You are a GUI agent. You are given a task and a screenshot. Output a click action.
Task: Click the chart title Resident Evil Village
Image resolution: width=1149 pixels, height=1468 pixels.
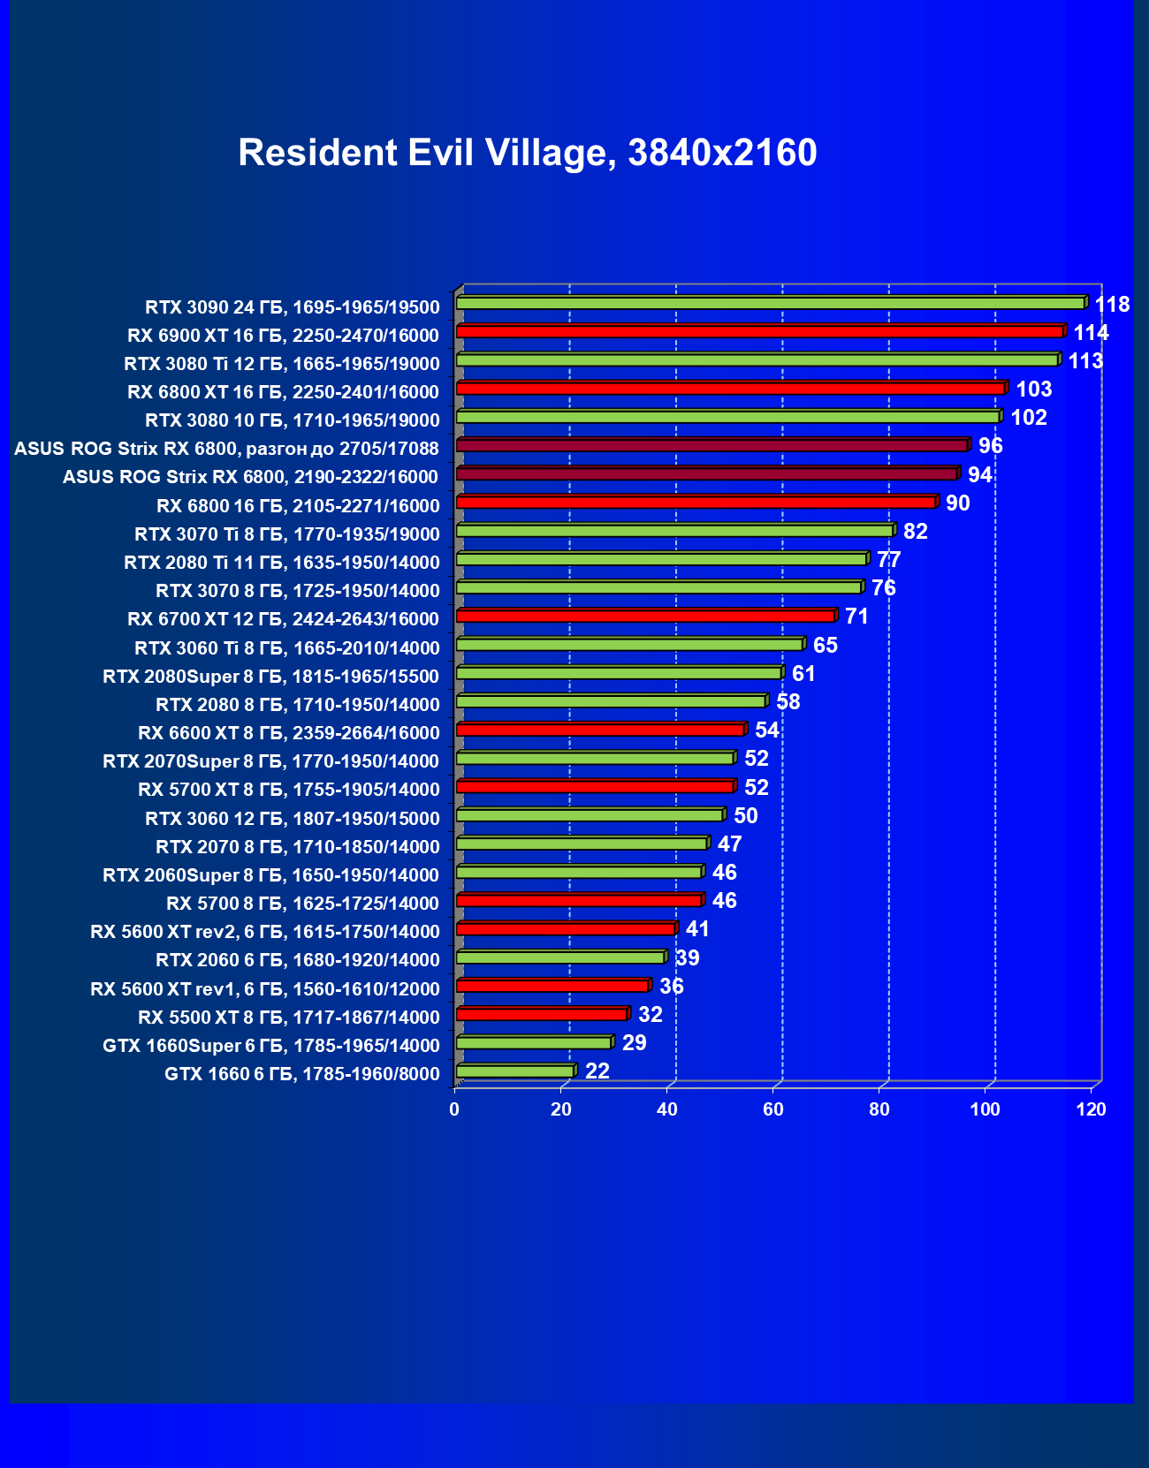(x=527, y=153)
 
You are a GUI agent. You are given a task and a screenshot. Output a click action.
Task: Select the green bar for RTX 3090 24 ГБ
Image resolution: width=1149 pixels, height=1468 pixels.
(x=769, y=303)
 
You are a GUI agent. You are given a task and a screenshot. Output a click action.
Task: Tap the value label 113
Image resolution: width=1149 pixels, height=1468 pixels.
(x=1085, y=361)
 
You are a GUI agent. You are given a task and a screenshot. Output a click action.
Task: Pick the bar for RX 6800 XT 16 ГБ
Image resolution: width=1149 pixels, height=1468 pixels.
(x=729, y=389)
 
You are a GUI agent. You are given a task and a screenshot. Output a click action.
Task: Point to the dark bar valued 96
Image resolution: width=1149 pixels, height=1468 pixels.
(x=711, y=445)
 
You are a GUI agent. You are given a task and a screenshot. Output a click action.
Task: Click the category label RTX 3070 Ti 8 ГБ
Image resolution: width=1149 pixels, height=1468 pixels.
(x=286, y=534)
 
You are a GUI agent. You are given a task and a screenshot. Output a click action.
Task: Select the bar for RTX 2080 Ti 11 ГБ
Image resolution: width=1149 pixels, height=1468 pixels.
(x=661, y=559)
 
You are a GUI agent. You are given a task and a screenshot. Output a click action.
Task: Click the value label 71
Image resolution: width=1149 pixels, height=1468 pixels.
(x=856, y=617)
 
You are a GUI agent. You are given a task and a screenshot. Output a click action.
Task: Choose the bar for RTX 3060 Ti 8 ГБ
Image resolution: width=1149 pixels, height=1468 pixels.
(x=629, y=644)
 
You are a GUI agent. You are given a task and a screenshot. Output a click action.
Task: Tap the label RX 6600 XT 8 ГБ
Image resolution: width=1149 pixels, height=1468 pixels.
(x=288, y=733)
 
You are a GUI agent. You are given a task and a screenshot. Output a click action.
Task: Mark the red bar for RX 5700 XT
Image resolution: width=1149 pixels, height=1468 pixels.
(x=595, y=786)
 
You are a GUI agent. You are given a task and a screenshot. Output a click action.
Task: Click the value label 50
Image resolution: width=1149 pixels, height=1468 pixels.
(x=745, y=816)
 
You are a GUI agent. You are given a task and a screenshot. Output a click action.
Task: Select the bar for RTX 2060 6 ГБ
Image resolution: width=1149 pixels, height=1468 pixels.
(x=560, y=957)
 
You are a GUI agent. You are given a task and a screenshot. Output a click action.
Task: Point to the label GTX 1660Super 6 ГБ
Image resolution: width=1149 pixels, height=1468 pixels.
(x=270, y=1046)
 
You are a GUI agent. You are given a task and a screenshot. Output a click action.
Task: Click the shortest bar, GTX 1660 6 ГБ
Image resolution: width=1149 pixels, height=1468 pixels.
(x=515, y=1071)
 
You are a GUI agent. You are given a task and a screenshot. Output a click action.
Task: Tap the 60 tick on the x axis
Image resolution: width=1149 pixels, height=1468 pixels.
(x=773, y=1109)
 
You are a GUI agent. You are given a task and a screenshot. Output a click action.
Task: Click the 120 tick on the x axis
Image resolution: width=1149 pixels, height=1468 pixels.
(x=1092, y=1109)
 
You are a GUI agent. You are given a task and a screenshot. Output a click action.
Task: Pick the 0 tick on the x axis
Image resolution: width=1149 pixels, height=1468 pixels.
(x=455, y=1109)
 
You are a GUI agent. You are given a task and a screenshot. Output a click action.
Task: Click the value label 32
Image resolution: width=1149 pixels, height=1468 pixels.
(x=650, y=1015)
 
